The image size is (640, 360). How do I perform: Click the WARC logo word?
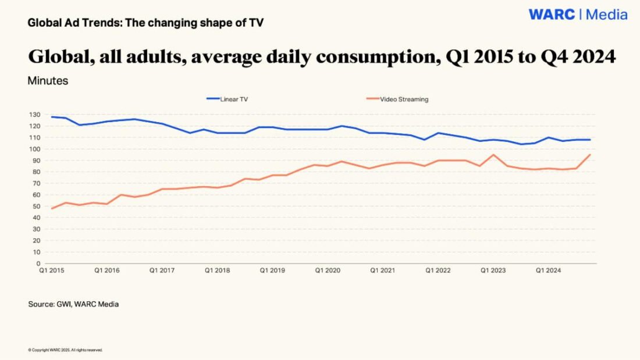pos(552,15)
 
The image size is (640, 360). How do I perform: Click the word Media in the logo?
pos(606,15)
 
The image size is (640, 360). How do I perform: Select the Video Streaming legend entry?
pos(404,99)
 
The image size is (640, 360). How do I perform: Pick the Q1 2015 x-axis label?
pos(51,270)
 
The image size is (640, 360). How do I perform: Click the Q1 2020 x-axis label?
pos(328,270)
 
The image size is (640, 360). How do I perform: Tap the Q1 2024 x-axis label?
pos(548,270)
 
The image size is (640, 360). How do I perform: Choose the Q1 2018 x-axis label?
pos(217,270)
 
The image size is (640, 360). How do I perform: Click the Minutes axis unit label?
pos(48,81)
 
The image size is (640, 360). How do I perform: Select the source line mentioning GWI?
pos(73,304)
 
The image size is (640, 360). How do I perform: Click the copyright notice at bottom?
pos(65,350)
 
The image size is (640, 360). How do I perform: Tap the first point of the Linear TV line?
pos(52,117)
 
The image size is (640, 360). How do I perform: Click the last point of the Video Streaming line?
pos(590,155)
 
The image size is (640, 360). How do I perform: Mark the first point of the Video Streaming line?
pos(52,208)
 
